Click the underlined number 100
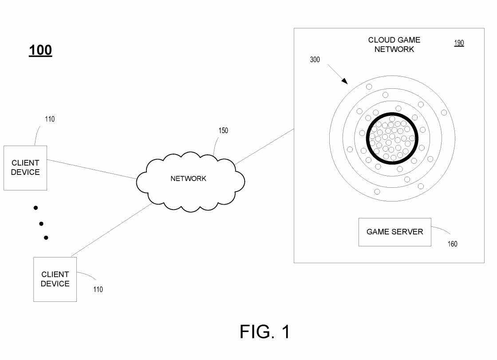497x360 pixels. pos(40,51)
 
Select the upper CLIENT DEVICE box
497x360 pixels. pos(25,168)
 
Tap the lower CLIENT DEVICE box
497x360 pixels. pos(55,279)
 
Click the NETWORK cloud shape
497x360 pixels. pos(189,179)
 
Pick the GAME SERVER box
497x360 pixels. pos(394,232)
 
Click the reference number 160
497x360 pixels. pos(452,244)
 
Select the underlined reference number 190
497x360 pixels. pos(459,43)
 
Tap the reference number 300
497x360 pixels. pos(315,59)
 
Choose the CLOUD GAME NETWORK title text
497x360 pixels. pos(394,44)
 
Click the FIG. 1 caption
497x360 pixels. pos(265,332)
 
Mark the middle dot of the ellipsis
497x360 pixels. pos(41,224)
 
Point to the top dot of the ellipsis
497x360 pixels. pos(35,208)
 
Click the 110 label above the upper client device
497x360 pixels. pos(50,119)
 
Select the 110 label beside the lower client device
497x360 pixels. pos(98,289)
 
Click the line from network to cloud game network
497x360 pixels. pos(264,147)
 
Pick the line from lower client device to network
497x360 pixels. pos(111,230)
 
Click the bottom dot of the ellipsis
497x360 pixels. pos(46,238)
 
